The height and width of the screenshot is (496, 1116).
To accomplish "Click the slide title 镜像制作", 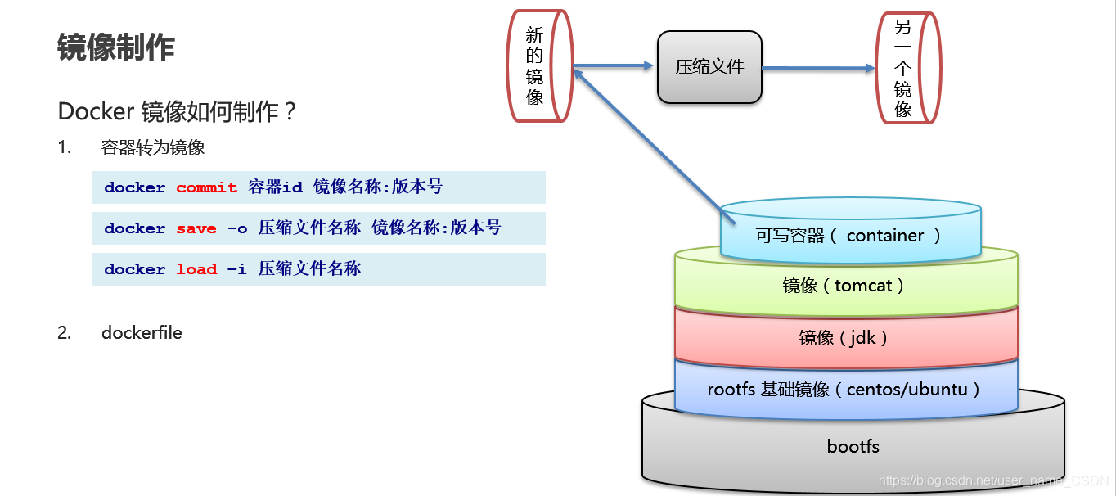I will [116, 48].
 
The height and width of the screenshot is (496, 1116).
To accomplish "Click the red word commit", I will [206, 187].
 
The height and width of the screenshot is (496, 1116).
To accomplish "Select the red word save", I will [196, 228].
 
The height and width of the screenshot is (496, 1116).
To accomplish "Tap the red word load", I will [196, 269].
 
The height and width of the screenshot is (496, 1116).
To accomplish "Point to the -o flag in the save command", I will [237, 228].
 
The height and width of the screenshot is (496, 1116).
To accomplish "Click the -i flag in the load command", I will [237, 269].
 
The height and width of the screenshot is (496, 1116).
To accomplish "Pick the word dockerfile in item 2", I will [142, 333].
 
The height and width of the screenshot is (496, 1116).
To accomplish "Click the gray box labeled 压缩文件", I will [709, 67].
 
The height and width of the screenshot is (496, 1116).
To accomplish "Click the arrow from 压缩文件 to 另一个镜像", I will [818, 69].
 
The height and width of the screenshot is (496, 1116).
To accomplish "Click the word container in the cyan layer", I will [885, 236].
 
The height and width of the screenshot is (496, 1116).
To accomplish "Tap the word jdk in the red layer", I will [862, 337].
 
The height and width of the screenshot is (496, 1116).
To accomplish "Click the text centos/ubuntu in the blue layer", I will [907, 389].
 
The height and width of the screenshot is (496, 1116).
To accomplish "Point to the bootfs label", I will [853, 446].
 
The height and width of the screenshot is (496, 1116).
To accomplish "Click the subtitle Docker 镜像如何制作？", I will [177, 111].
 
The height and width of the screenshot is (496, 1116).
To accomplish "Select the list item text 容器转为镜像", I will [153, 147].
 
